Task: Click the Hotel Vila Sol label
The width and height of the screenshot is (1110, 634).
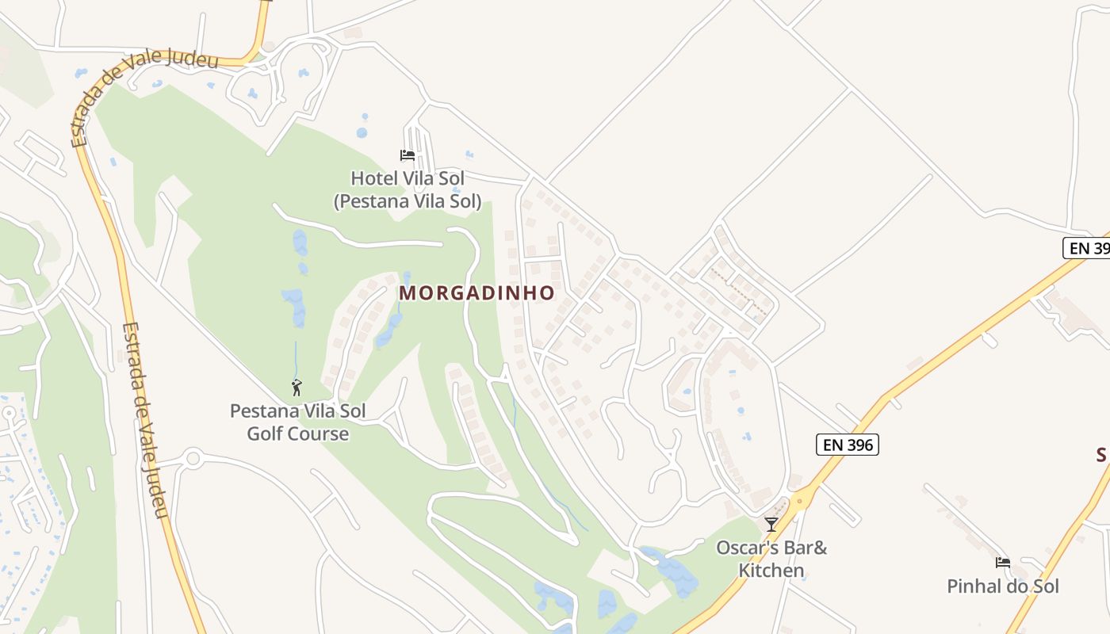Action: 408,178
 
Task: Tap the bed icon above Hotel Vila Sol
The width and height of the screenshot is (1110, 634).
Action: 408,155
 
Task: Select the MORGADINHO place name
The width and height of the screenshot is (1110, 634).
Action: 477,293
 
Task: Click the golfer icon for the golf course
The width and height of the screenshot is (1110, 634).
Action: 297,388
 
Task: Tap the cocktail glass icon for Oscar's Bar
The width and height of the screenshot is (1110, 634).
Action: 771,524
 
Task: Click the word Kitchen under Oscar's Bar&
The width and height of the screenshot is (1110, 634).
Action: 771,571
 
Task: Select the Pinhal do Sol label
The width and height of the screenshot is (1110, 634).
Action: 1003,586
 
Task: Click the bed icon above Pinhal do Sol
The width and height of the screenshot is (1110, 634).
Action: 1003,563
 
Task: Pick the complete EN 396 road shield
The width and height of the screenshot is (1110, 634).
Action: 848,445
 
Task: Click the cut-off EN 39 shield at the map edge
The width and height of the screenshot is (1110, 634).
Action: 1087,248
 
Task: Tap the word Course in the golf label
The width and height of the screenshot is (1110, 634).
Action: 320,433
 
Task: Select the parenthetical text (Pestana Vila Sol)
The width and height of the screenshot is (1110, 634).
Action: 408,201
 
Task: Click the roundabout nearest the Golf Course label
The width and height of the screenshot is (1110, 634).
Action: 193,458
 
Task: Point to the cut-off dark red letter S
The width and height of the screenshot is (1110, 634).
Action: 1103,455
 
